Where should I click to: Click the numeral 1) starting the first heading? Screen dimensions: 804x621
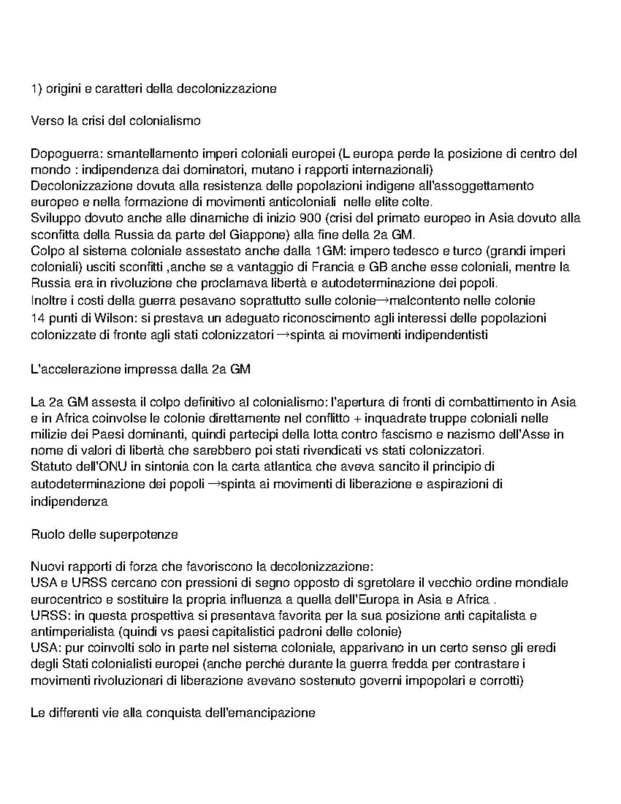[36, 89]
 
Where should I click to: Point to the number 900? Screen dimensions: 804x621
[300, 218]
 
